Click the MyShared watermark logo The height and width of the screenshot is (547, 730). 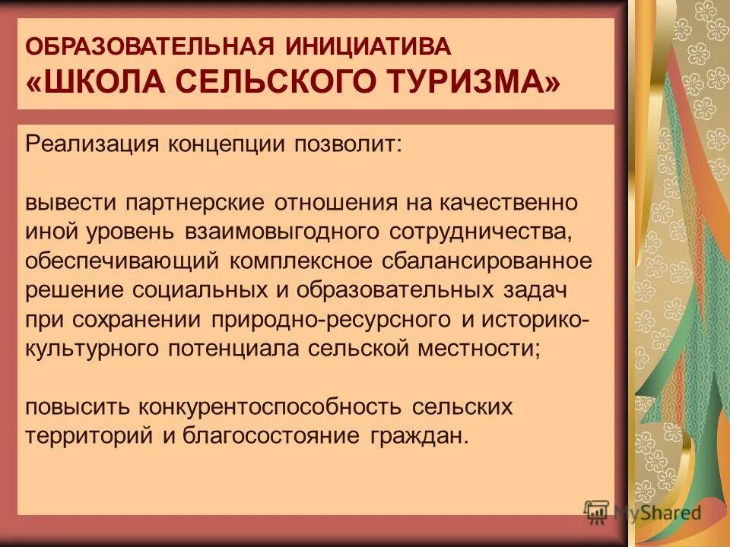[643, 511]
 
